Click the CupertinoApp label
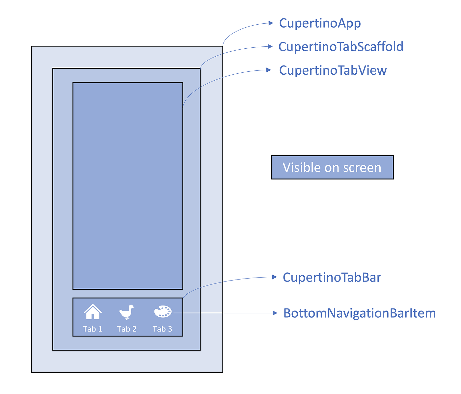pyautogui.click(x=320, y=23)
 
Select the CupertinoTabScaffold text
pyautogui.click(x=341, y=47)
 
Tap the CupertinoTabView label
pyautogui.click(x=333, y=70)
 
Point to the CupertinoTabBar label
pyautogui.click(x=332, y=277)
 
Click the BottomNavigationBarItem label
pyautogui.click(x=360, y=313)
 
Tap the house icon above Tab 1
pyautogui.click(x=93, y=312)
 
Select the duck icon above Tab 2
pyautogui.click(x=127, y=312)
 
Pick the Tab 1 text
pyautogui.click(x=93, y=329)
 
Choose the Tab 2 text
pyautogui.click(x=127, y=329)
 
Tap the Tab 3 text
pyautogui.click(x=162, y=329)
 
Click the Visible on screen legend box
pyautogui.click(x=332, y=167)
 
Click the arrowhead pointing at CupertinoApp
pyautogui.click(x=271, y=23)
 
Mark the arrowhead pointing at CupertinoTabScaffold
pyautogui.click(x=270, y=46)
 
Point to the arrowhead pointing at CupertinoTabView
pyautogui.click(x=269, y=70)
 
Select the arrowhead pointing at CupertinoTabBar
pyautogui.click(x=275, y=277)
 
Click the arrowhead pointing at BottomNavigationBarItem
pyautogui.click(x=275, y=313)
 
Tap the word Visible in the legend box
pyautogui.click(x=302, y=167)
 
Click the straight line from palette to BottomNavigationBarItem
pyautogui.click(x=224, y=313)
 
